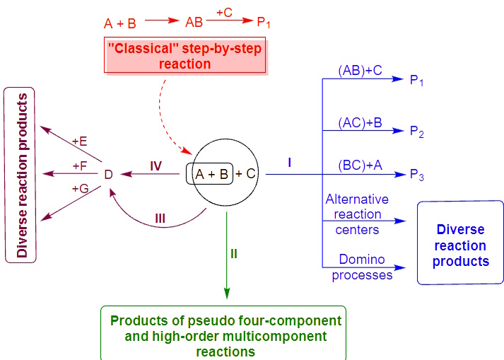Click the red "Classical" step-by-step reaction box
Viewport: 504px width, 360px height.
click(x=185, y=56)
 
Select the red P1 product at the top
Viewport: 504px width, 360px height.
click(x=264, y=23)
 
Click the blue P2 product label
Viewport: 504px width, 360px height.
click(x=417, y=132)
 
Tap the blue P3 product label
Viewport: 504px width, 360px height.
click(x=417, y=175)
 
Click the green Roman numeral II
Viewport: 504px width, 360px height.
click(x=234, y=252)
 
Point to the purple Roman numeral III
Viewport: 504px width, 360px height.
click(x=160, y=219)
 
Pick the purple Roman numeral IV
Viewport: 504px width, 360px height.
click(x=156, y=166)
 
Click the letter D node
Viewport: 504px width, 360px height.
click(x=108, y=174)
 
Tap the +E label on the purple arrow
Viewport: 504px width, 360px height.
click(x=80, y=141)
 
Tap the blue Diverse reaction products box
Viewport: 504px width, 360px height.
click(x=461, y=245)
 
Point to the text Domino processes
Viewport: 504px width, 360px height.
click(x=361, y=267)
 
